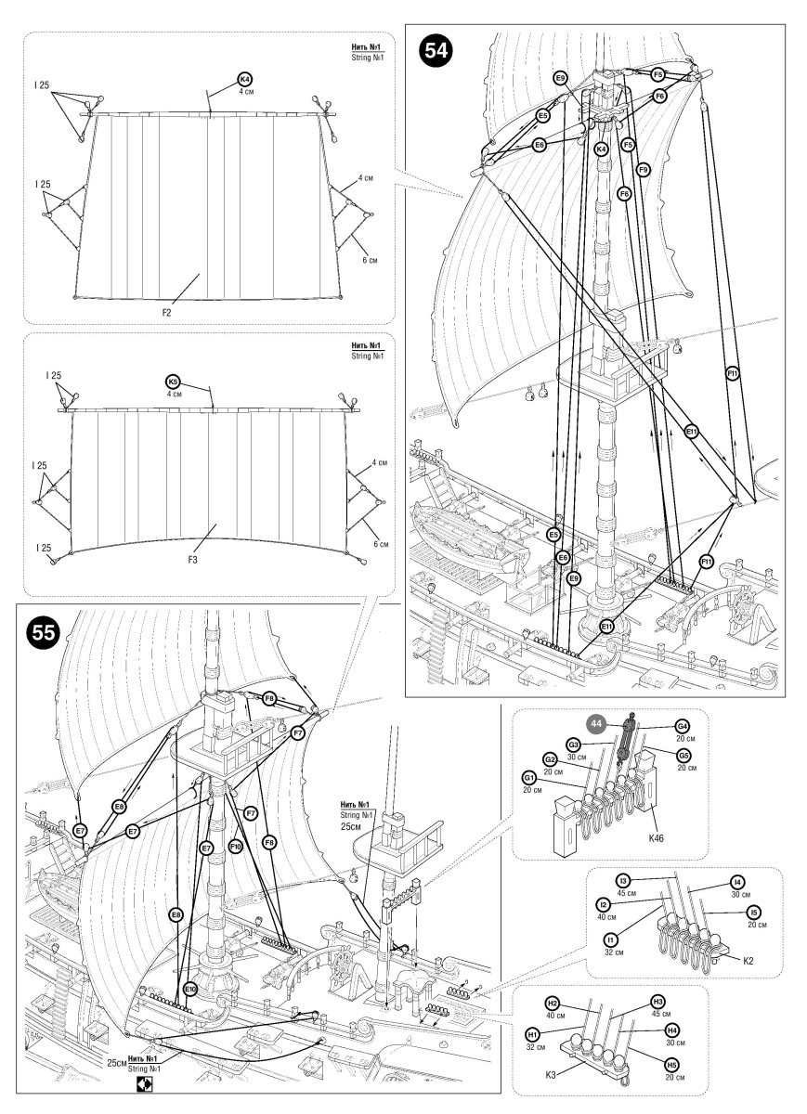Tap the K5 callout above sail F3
(171, 382)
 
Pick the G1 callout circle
(529, 776)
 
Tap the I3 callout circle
(623, 881)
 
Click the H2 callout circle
(552, 1004)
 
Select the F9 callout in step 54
(643, 170)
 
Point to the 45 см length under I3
(625, 894)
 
